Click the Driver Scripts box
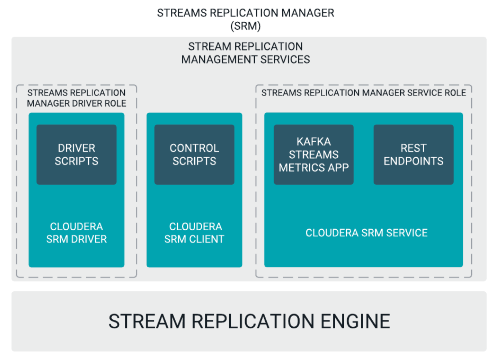[x=76, y=154]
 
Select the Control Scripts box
[x=194, y=154]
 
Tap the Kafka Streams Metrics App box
[x=313, y=154]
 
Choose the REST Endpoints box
[x=413, y=154]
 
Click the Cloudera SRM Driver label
[x=76, y=233]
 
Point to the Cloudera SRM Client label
[x=194, y=233]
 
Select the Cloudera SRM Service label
[x=366, y=233]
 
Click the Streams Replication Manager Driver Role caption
[x=76, y=98]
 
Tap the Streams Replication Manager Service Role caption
[x=364, y=92]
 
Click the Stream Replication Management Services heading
[x=246, y=53]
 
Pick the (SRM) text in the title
[x=246, y=26]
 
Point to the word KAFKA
[x=313, y=142]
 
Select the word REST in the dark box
[x=413, y=148]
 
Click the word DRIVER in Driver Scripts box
[x=76, y=148]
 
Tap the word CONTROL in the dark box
[x=194, y=148]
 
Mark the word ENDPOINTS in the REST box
[x=413, y=161]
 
